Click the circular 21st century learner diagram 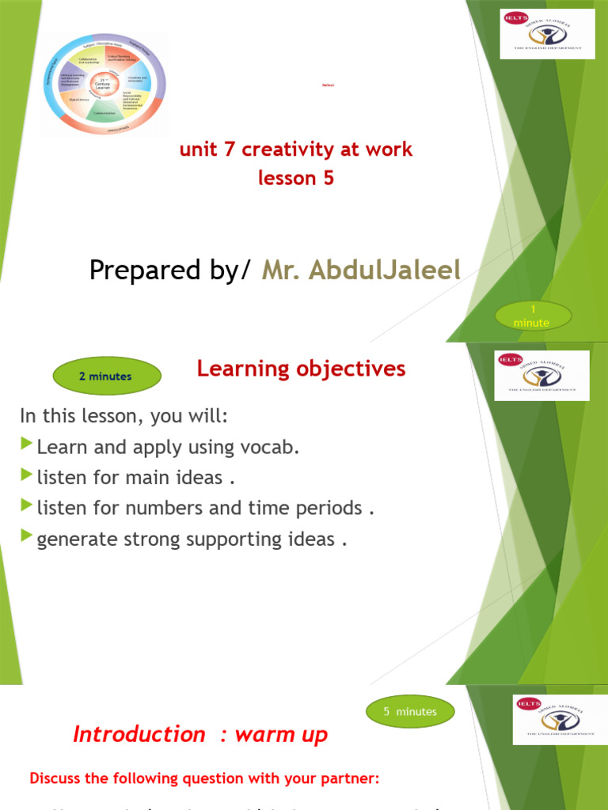[104, 85]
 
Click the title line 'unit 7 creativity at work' [296, 150]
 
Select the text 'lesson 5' [296, 178]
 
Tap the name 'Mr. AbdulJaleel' [361, 270]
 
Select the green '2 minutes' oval [106, 377]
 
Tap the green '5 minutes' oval [410, 712]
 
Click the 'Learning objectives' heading [301, 369]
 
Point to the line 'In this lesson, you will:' [123, 416]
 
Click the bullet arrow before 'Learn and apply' [28, 445]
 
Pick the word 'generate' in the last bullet [75, 539]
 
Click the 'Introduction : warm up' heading [199, 734]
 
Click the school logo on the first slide [548, 33]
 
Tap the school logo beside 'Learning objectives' [542, 376]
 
